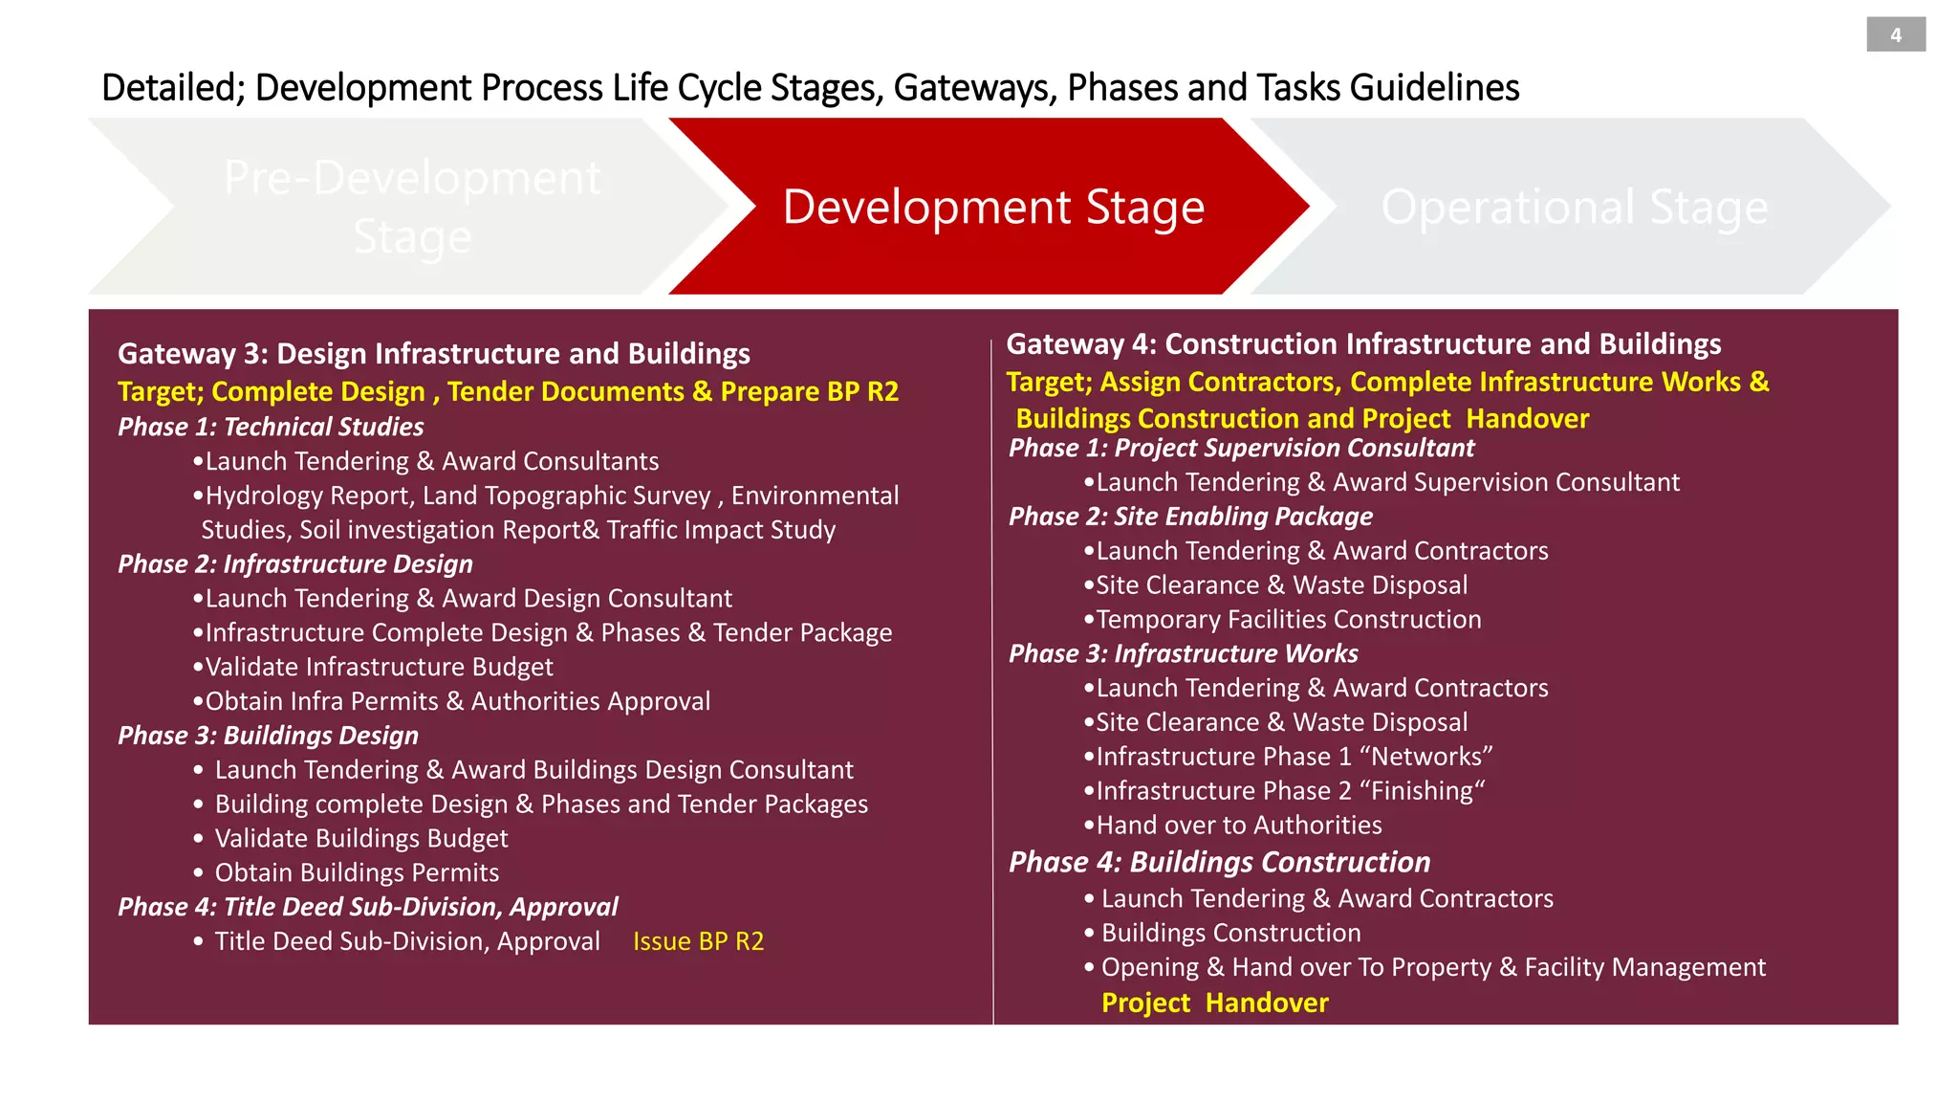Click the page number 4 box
(1895, 35)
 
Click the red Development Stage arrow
(992, 207)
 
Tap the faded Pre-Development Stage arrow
(412, 207)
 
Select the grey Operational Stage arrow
(1574, 207)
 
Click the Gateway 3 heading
(433, 354)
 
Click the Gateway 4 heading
(1363, 344)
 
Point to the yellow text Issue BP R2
(698, 941)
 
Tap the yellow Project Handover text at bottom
(1214, 1003)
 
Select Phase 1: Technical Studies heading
(271, 427)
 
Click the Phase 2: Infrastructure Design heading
(295, 564)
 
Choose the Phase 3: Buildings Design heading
(268, 736)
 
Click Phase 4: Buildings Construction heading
(1219, 862)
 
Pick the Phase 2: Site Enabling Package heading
(1190, 517)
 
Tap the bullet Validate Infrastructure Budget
(379, 667)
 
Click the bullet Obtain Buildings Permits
(357, 872)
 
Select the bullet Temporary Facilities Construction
(1288, 620)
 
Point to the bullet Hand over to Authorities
(1238, 825)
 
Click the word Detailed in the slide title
(173, 88)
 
